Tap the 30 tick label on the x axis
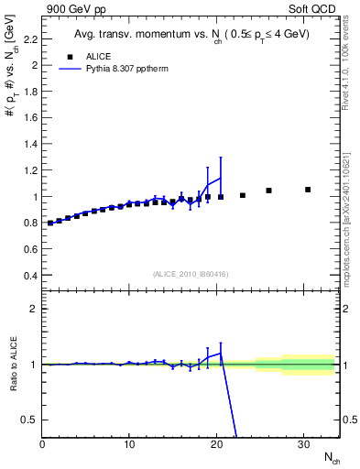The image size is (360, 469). point(303,443)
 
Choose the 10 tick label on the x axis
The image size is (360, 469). point(129,443)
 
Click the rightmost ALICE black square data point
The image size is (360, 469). point(308,190)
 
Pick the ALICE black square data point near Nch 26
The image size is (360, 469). point(268,191)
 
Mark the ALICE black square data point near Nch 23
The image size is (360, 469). point(243,195)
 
